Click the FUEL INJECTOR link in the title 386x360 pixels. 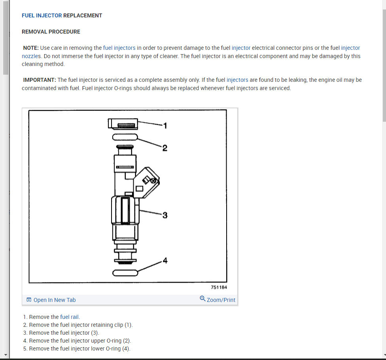[x=42, y=15]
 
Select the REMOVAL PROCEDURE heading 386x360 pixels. [x=51, y=32]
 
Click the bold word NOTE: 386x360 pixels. [x=31, y=48]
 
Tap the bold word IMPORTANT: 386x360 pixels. [x=40, y=80]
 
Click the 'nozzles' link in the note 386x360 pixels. [x=31, y=56]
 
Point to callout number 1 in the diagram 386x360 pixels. [x=165, y=126]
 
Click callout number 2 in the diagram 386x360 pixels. [x=165, y=148]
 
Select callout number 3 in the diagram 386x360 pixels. [x=165, y=215]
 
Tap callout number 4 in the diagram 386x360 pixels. [x=165, y=261]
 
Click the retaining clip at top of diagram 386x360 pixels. [x=123, y=124]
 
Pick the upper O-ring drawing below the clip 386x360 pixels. [x=125, y=137]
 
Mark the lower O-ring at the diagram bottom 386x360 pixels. [x=125, y=273]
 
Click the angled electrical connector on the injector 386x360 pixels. [x=146, y=182]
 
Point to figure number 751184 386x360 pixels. [x=219, y=287]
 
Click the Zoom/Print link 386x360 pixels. [x=221, y=300]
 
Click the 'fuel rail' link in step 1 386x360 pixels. [x=70, y=317]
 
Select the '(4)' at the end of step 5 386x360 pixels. [x=125, y=349]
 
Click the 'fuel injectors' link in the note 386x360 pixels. [x=119, y=48]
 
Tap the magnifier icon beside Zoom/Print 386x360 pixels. [x=202, y=299]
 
